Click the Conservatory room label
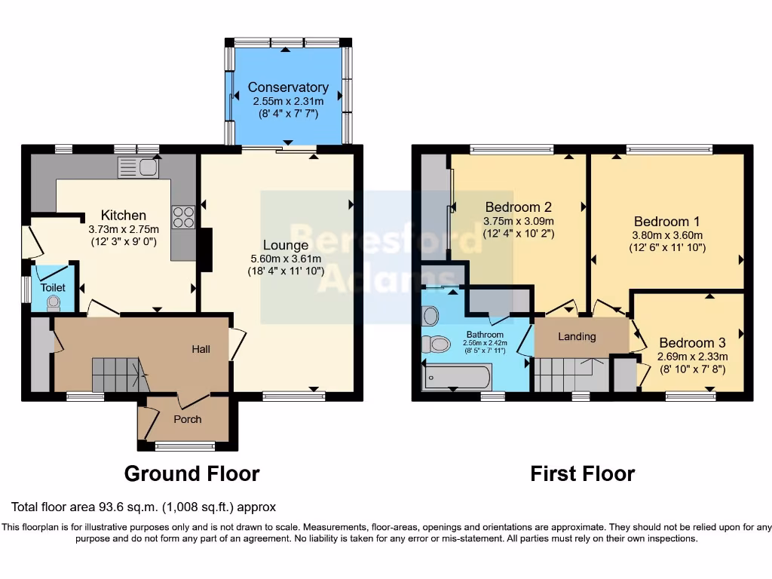(288, 87)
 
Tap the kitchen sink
(138, 167)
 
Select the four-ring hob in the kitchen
(183, 217)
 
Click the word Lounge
(285, 245)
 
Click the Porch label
(188, 419)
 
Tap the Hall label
(201, 349)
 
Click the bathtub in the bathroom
(457, 376)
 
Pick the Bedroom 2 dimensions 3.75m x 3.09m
(519, 221)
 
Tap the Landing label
(577, 336)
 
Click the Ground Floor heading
(191, 473)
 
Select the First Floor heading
(582, 473)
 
